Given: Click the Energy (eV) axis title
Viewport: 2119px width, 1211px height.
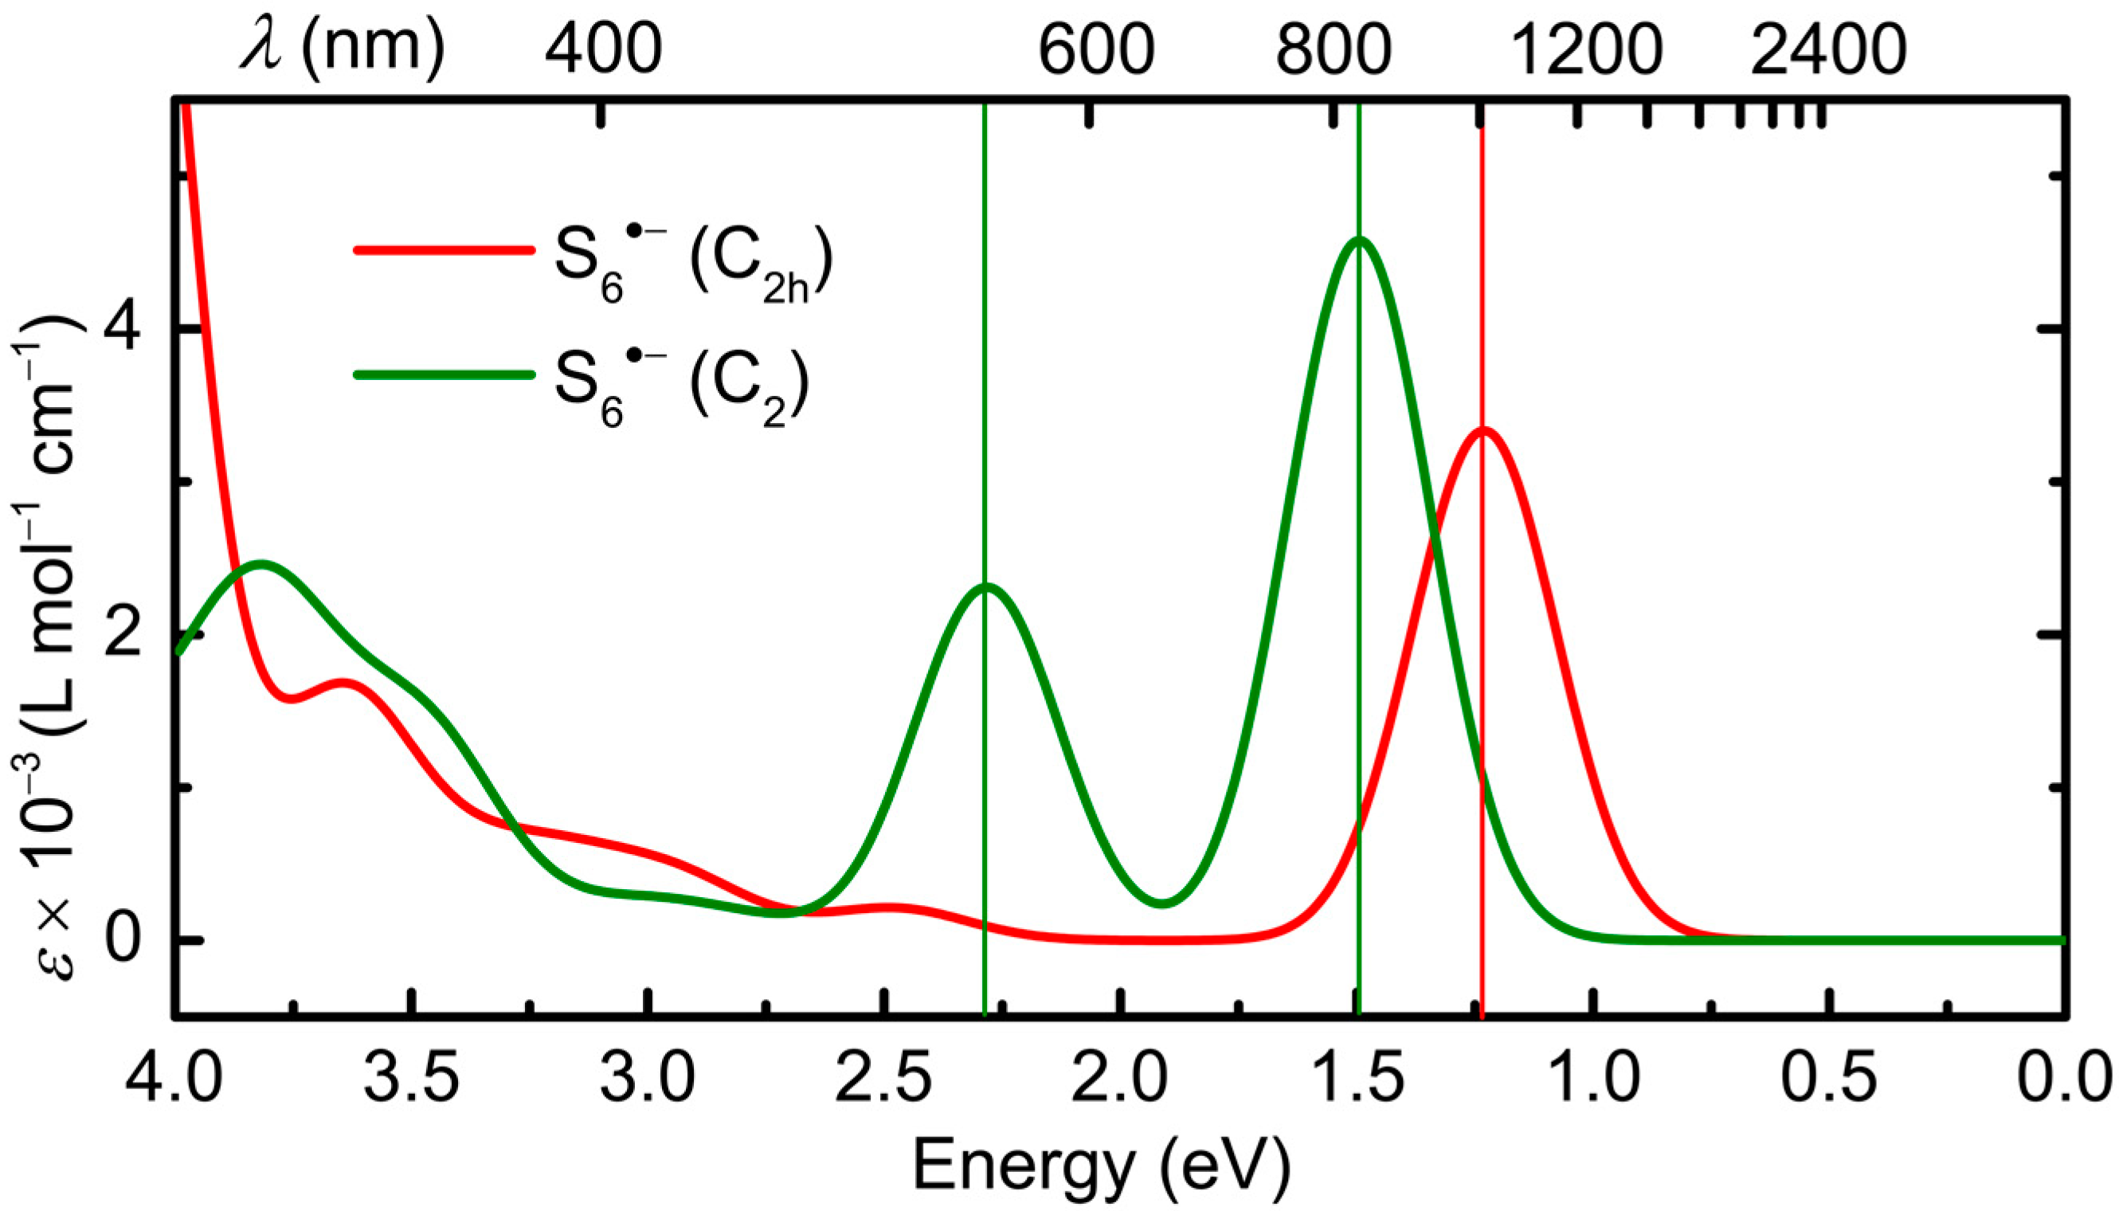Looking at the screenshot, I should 1102,1165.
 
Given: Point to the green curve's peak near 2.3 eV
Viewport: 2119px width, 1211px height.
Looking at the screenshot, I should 986,586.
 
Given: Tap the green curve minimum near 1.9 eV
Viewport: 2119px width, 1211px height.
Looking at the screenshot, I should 1162,903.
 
